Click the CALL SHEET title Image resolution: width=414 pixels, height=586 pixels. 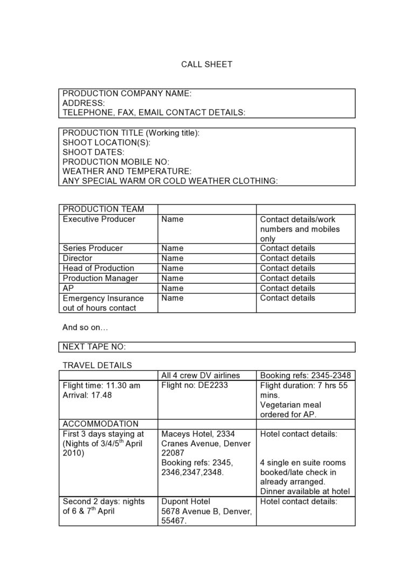(206, 64)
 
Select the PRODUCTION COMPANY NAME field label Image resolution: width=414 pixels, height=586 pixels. (127, 93)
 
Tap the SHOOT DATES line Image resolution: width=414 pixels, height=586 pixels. (93, 152)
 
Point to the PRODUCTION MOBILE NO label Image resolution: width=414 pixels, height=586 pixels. (116, 162)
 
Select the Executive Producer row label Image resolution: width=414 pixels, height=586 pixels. (99, 219)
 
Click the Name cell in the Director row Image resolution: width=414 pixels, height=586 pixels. (172, 258)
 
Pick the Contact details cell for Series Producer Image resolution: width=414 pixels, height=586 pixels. (287, 248)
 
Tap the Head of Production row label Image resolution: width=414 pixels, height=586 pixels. (99, 268)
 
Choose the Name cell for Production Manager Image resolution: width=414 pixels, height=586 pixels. (172, 278)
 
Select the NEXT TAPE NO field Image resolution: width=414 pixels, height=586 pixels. (94, 346)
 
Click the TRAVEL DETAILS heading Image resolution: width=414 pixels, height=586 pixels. (97, 365)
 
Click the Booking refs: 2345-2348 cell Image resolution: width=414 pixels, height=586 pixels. (305, 376)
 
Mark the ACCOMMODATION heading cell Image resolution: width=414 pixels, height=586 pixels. (100, 424)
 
